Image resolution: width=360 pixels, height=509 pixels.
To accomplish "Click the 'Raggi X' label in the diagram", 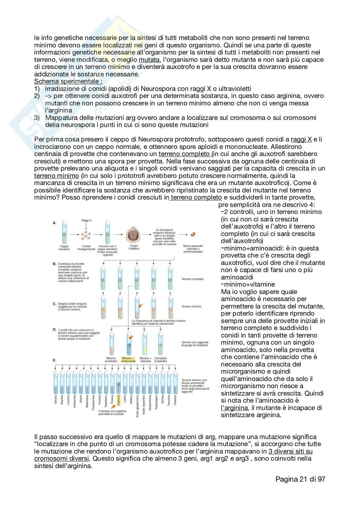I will point(86,220).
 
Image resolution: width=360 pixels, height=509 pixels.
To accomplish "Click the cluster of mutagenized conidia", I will point(86,235).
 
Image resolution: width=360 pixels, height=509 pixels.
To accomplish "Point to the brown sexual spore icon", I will point(193,234).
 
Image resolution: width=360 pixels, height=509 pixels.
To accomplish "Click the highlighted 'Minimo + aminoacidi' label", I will point(128,360).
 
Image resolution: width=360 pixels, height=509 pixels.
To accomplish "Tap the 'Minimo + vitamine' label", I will point(145,360).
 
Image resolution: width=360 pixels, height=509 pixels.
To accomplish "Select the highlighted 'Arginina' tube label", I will point(119,403).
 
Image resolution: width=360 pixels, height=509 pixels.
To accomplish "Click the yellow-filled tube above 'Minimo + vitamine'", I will point(145,343).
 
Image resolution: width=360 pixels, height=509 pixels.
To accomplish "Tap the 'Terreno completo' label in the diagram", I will point(193,279).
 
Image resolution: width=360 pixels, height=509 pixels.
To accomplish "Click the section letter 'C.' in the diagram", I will point(55,304).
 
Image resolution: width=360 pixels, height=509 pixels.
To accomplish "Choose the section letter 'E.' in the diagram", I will point(55,360).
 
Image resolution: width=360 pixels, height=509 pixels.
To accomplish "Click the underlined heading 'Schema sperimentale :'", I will point(68,81).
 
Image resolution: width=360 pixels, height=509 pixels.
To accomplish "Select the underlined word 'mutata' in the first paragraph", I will point(149,60).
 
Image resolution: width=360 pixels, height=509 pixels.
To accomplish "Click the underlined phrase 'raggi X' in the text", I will point(301,139).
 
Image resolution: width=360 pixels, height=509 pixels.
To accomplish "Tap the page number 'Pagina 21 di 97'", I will point(300,479).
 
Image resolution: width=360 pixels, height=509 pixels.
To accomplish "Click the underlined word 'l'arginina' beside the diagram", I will point(235,408).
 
